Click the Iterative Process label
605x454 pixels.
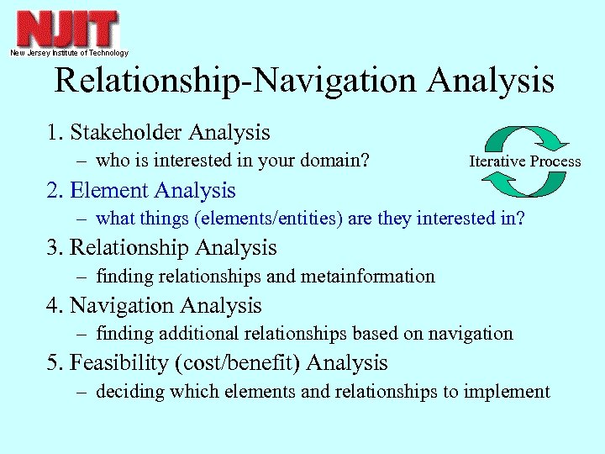[524, 161]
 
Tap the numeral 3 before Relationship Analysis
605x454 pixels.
[52, 248]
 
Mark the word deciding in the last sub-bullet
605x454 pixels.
[125, 391]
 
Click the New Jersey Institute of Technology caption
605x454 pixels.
[69, 53]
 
